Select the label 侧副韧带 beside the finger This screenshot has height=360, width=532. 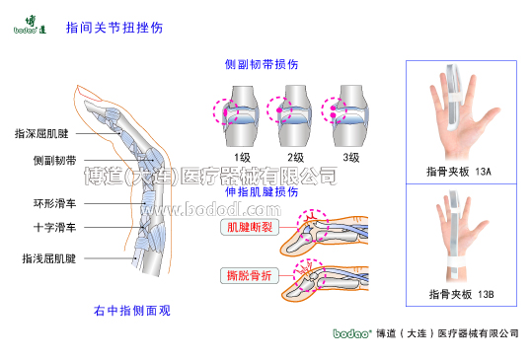(x=51, y=158)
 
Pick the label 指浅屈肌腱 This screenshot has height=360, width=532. (x=47, y=258)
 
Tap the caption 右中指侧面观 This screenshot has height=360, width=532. (x=131, y=311)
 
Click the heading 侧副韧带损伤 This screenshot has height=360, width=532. (x=262, y=64)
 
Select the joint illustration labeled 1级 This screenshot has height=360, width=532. (x=240, y=111)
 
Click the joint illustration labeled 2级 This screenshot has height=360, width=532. (x=294, y=111)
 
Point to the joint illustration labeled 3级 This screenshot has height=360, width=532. (x=349, y=111)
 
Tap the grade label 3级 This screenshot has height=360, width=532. (x=350, y=158)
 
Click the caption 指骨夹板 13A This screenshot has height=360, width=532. (x=459, y=172)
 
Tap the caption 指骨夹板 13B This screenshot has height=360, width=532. (x=459, y=293)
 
